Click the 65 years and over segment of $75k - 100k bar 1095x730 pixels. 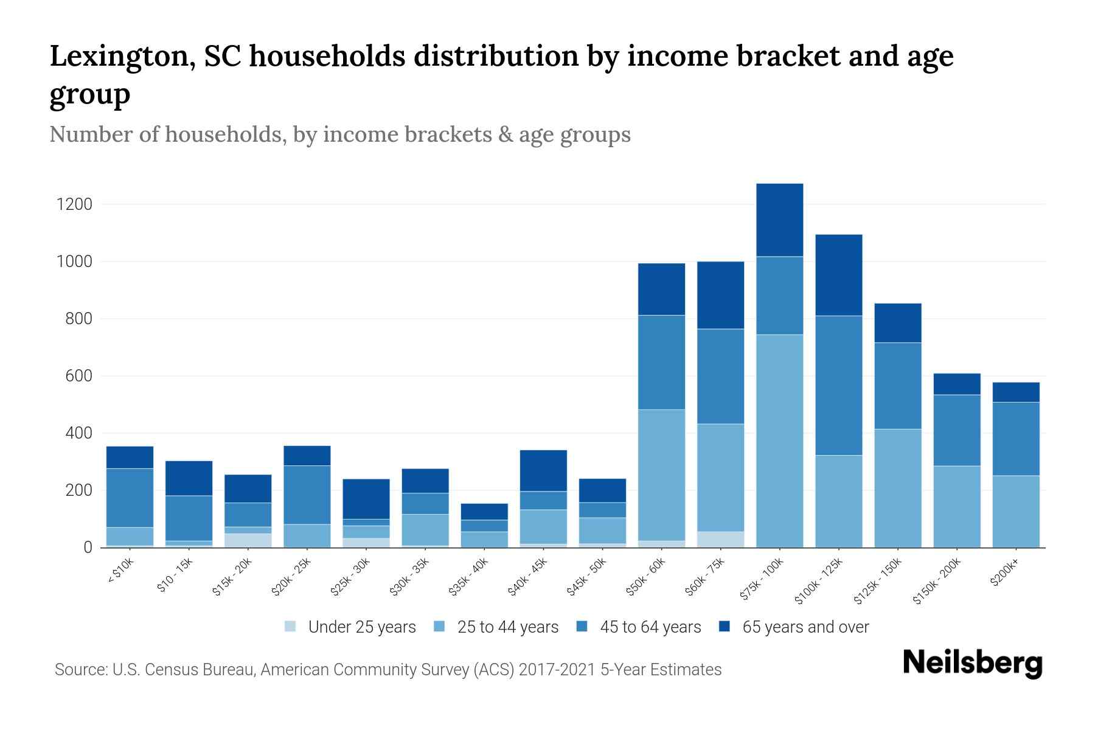click(779, 220)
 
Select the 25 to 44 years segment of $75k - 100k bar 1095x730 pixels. click(779, 441)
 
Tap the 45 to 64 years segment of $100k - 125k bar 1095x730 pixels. click(838, 385)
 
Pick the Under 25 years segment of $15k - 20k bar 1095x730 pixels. click(248, 540)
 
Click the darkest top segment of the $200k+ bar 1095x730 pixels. click(1015, 392)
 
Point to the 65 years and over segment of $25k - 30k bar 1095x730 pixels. click(366, 499)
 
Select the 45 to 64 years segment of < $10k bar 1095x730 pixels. click(130, 498)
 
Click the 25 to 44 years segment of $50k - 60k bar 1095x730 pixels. click(661, 474)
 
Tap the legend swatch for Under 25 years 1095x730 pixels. click(291, 626)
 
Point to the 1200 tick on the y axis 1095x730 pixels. click(74, 204)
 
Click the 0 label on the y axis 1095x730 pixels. click(88, 548)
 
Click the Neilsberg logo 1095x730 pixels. click(972, 663)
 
